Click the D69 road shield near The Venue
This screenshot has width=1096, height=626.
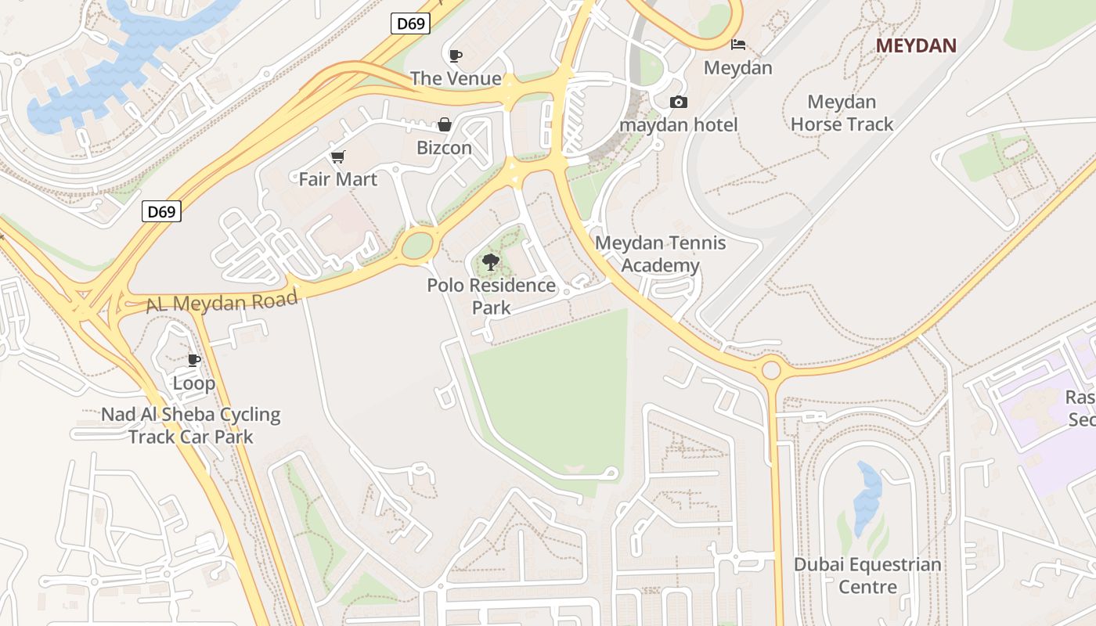410,23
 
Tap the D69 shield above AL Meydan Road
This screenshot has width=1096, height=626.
162,211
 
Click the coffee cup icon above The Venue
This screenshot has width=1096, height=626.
456,56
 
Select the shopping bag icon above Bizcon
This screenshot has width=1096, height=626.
444,124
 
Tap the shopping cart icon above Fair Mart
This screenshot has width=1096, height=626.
337,157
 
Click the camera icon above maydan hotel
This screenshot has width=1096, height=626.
678,103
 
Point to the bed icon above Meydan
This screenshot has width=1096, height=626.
738,45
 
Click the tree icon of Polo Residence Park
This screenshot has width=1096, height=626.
491,262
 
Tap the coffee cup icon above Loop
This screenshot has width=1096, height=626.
193,360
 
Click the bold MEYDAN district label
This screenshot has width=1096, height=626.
916,45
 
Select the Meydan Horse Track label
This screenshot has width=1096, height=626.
842,113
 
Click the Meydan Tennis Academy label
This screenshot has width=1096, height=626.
660,254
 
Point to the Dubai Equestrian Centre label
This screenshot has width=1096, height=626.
867,575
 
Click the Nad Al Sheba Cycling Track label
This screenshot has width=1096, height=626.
190,425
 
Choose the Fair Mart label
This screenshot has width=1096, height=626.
337,179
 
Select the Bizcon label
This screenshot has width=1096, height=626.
444,147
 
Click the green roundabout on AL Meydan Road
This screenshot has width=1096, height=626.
417,246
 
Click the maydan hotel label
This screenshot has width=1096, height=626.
678,124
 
